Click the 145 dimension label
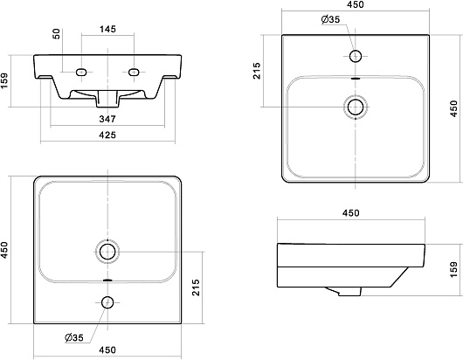(x=107, y=29)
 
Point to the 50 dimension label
(x=57, y=34)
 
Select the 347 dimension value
(x=107, y=119)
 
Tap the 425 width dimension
(x=107, y=135)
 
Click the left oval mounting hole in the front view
(x=81, y=72)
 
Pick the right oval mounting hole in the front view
(x=134, y=72)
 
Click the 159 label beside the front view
(x=5, y=80)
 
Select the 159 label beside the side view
(x=454, y=269)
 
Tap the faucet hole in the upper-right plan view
(x=356, y=56)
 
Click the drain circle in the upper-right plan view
(x=356, y=107)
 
